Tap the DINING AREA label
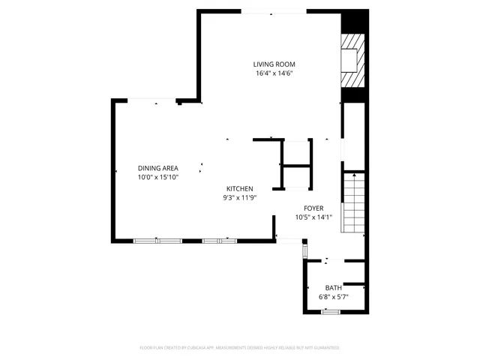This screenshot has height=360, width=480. [157, 168]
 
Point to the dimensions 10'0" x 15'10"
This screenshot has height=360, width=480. [157, 178]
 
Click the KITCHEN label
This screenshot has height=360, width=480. [240, 188]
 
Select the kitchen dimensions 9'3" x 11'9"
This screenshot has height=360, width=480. [240, 198]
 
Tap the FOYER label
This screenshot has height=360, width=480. [313, 208]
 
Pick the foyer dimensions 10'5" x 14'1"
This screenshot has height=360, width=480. [313, 217]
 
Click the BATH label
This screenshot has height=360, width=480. [333, 287]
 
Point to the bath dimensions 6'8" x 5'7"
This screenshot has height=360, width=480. [333, 297]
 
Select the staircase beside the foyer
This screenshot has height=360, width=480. [353, 202]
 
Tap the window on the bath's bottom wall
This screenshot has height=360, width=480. [330, 310]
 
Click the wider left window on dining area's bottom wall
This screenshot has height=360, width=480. [157, 241]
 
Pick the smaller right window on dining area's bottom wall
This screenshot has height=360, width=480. [219, 241]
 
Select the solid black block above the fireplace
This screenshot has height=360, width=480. [350, 22]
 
